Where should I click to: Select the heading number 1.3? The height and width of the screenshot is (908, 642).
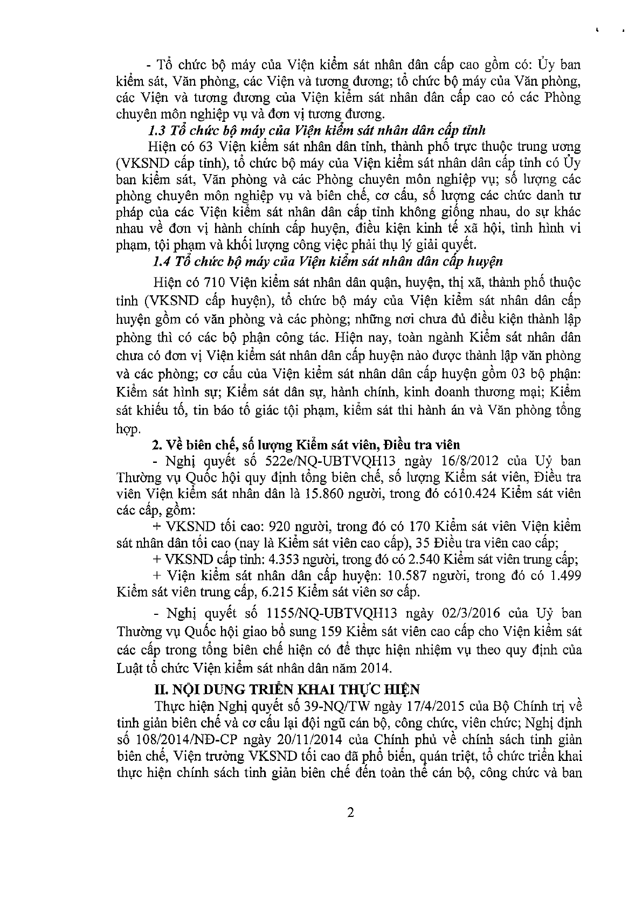pyautogui.click(x=157, y=130)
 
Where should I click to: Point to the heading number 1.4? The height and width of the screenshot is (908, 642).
pyautogui.click(x=161, y=262)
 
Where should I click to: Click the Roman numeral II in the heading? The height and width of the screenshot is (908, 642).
pyautogui.click(x=160, y=689)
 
